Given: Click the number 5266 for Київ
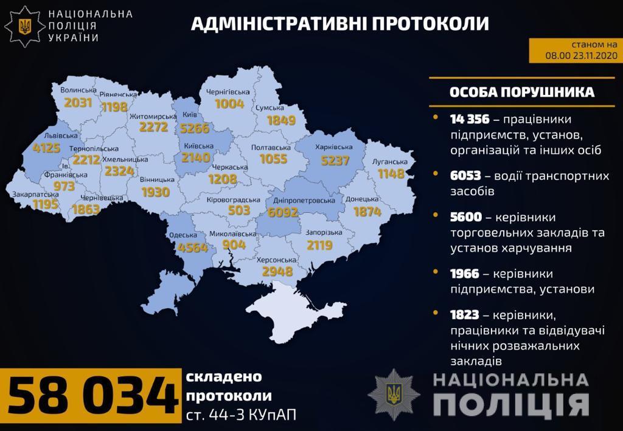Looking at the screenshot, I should (x=195, y=129).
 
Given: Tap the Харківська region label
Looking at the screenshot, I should (x=334, y=147).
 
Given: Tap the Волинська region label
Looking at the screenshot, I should (x=78, y=90).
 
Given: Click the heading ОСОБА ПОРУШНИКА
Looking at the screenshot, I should (x=521, y=92).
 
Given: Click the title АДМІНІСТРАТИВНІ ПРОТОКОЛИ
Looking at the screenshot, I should (x=340, y=24).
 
